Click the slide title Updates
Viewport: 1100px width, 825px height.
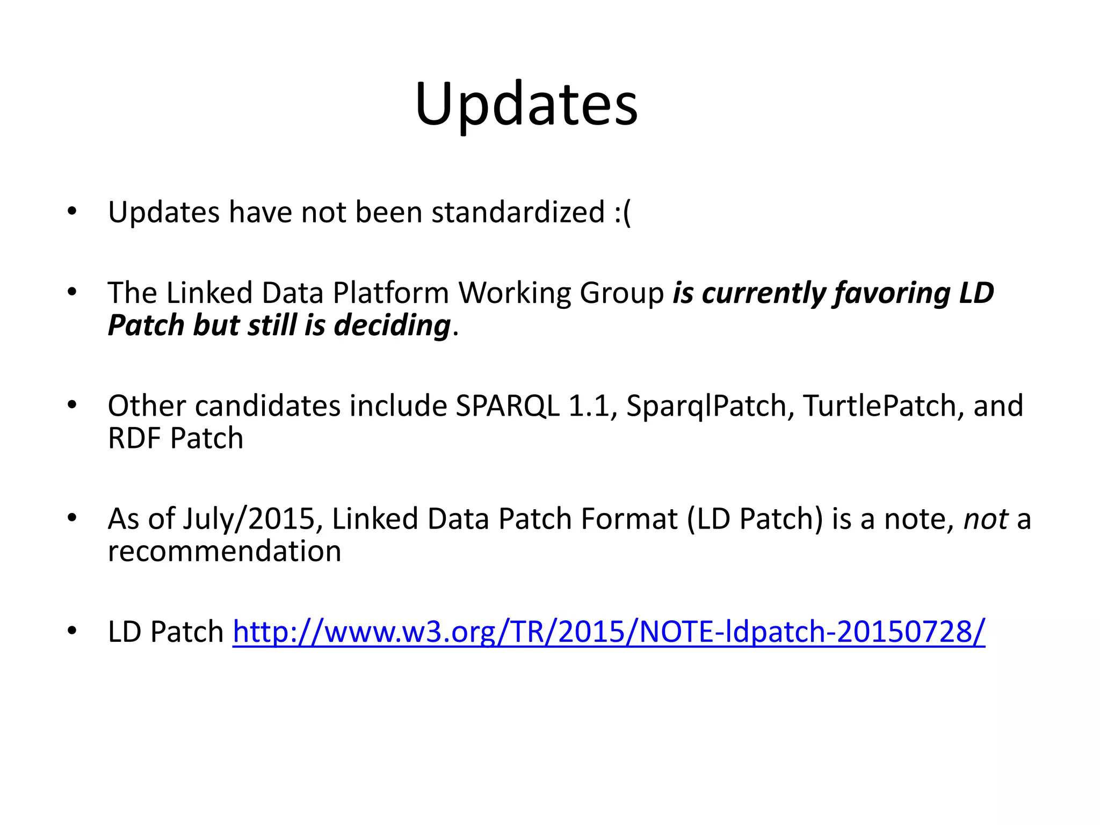point(526,104)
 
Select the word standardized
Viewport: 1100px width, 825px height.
point(518,212)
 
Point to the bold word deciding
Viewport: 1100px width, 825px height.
point(392,325)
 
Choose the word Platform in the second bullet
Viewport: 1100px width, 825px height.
point(390,293)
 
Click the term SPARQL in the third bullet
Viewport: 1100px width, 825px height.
point(507,406)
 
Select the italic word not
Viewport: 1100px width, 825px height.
point(986,519)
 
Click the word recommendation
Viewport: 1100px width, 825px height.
point(225,552)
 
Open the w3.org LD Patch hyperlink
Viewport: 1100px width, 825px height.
point(609,632)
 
